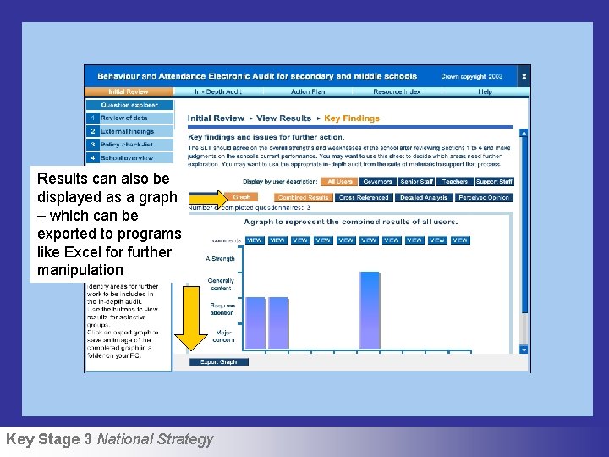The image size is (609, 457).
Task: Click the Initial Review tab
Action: [x=129, y=91]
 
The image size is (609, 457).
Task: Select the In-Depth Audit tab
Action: [x=217, y=91]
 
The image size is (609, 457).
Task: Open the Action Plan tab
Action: [x=307, y=91]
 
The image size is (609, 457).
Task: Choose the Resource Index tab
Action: [x=396, y=91]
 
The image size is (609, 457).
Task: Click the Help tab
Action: [x=485, y=91]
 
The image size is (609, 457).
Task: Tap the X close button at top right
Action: [x=524, y=76]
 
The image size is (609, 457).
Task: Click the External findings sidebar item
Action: [x=127, y=131]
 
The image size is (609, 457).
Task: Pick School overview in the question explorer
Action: [x=127, y=158]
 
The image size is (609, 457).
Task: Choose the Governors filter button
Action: [x=377, y=182]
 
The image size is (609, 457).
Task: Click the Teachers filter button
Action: [x=454, y=182]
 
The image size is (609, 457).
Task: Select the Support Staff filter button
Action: [x=494, y=182]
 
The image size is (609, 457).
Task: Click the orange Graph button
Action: [x=242, y=197]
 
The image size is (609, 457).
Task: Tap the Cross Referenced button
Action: [x=363, y=198]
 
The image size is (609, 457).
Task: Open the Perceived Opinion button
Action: [x=484, y=198]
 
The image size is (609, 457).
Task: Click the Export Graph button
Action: [x=218, y=362]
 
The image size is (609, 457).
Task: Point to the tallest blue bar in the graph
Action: [x=370, y=310]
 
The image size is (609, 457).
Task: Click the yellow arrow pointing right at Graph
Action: [x=205, y=197]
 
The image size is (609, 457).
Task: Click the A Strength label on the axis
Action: [x=220, y=259]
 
